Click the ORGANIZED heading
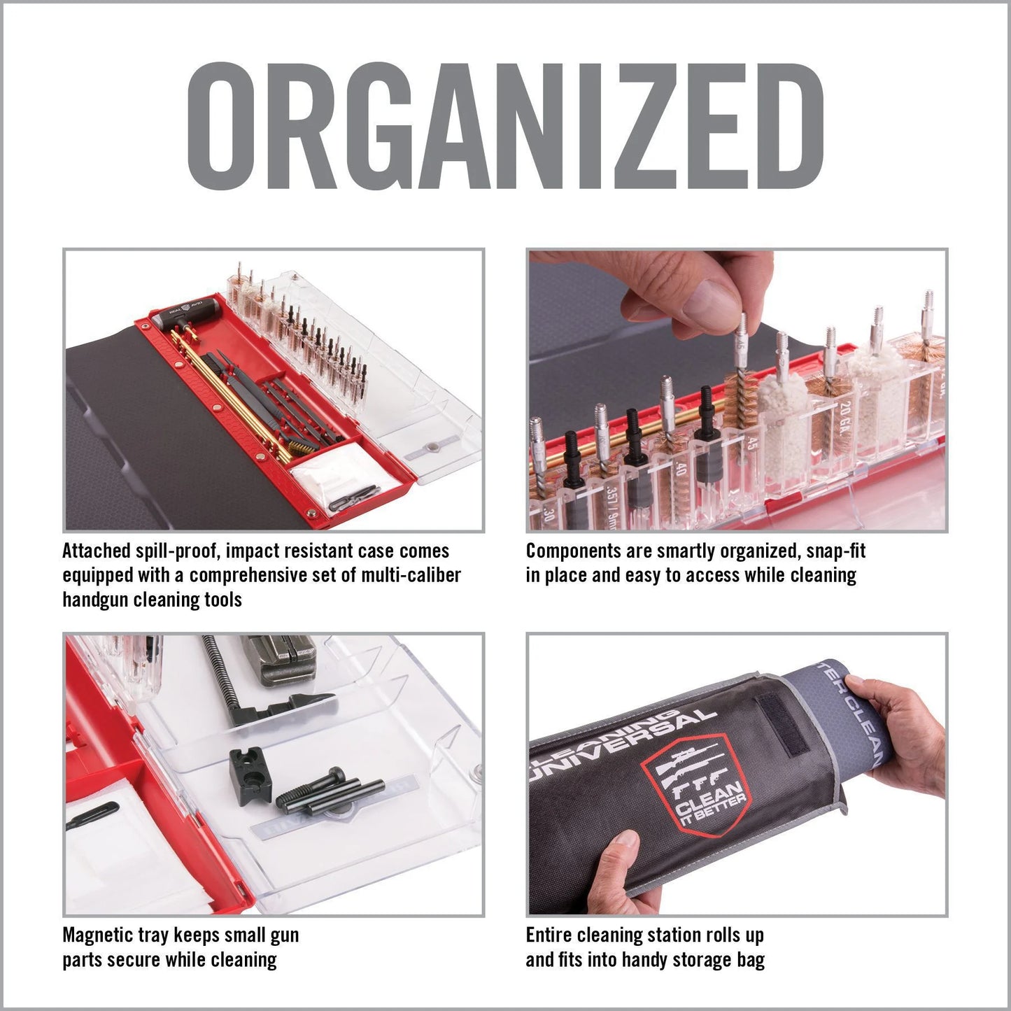pyautogui.click(x=505, y=127)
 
